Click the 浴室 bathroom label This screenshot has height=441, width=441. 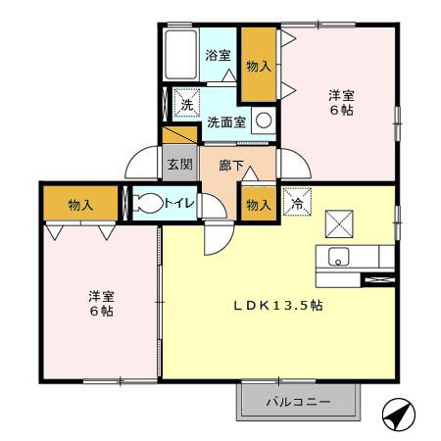pyautogui.click(x=218, y=56)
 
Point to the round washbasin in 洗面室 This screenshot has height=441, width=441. pyautogui.click(x=263, y=121)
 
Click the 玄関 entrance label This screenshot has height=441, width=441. pyautogui.click(x=178, y=165)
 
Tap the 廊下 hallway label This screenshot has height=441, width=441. pyautogui.click(x=231, y=165)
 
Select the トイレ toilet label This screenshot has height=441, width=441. pyautogui.click(x=184, y=203)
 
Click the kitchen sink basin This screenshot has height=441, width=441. pyautogui.click(x=337, y=259)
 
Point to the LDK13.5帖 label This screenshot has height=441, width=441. pyautogui.click(x=278, y=305)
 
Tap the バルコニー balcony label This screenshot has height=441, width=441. pyautogui.click(x=299, y=402)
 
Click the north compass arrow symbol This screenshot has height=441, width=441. pyautogui.click(x=397, y=416)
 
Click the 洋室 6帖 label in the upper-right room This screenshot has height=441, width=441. pyautogui.click(x=340, y=103)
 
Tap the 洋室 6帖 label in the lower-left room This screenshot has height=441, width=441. pyautogui.click(x=96, y=302)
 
